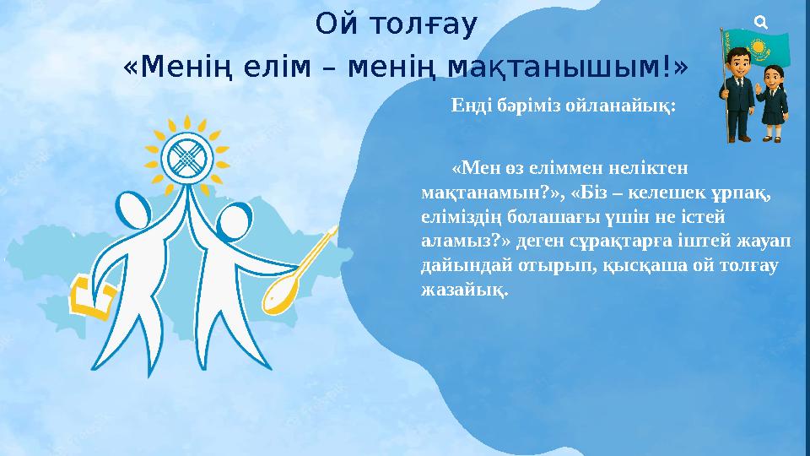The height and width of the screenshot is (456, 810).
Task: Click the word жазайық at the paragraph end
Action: pyautogui.click(x=465, y=290)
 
